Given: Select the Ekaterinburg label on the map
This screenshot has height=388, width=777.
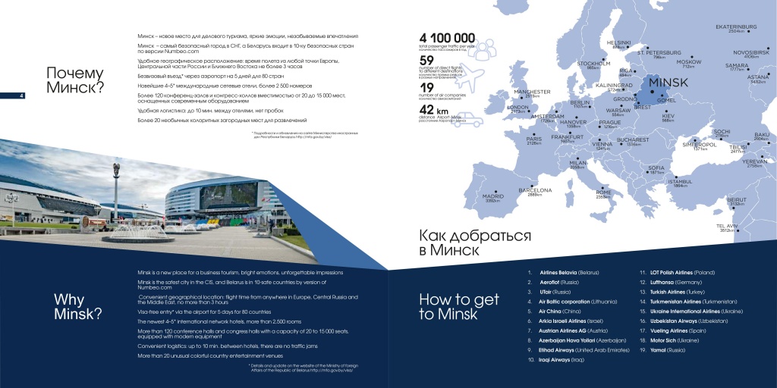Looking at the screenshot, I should coord(737,27).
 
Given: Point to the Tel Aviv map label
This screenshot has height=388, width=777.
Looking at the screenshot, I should coord(727,226).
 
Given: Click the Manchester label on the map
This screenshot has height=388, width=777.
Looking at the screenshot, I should coord(532,92).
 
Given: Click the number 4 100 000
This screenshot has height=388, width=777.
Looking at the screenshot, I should coord(447,38).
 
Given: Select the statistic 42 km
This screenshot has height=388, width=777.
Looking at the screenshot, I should coord(436,111).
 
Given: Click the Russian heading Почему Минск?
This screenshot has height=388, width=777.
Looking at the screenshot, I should coord(74,80).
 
